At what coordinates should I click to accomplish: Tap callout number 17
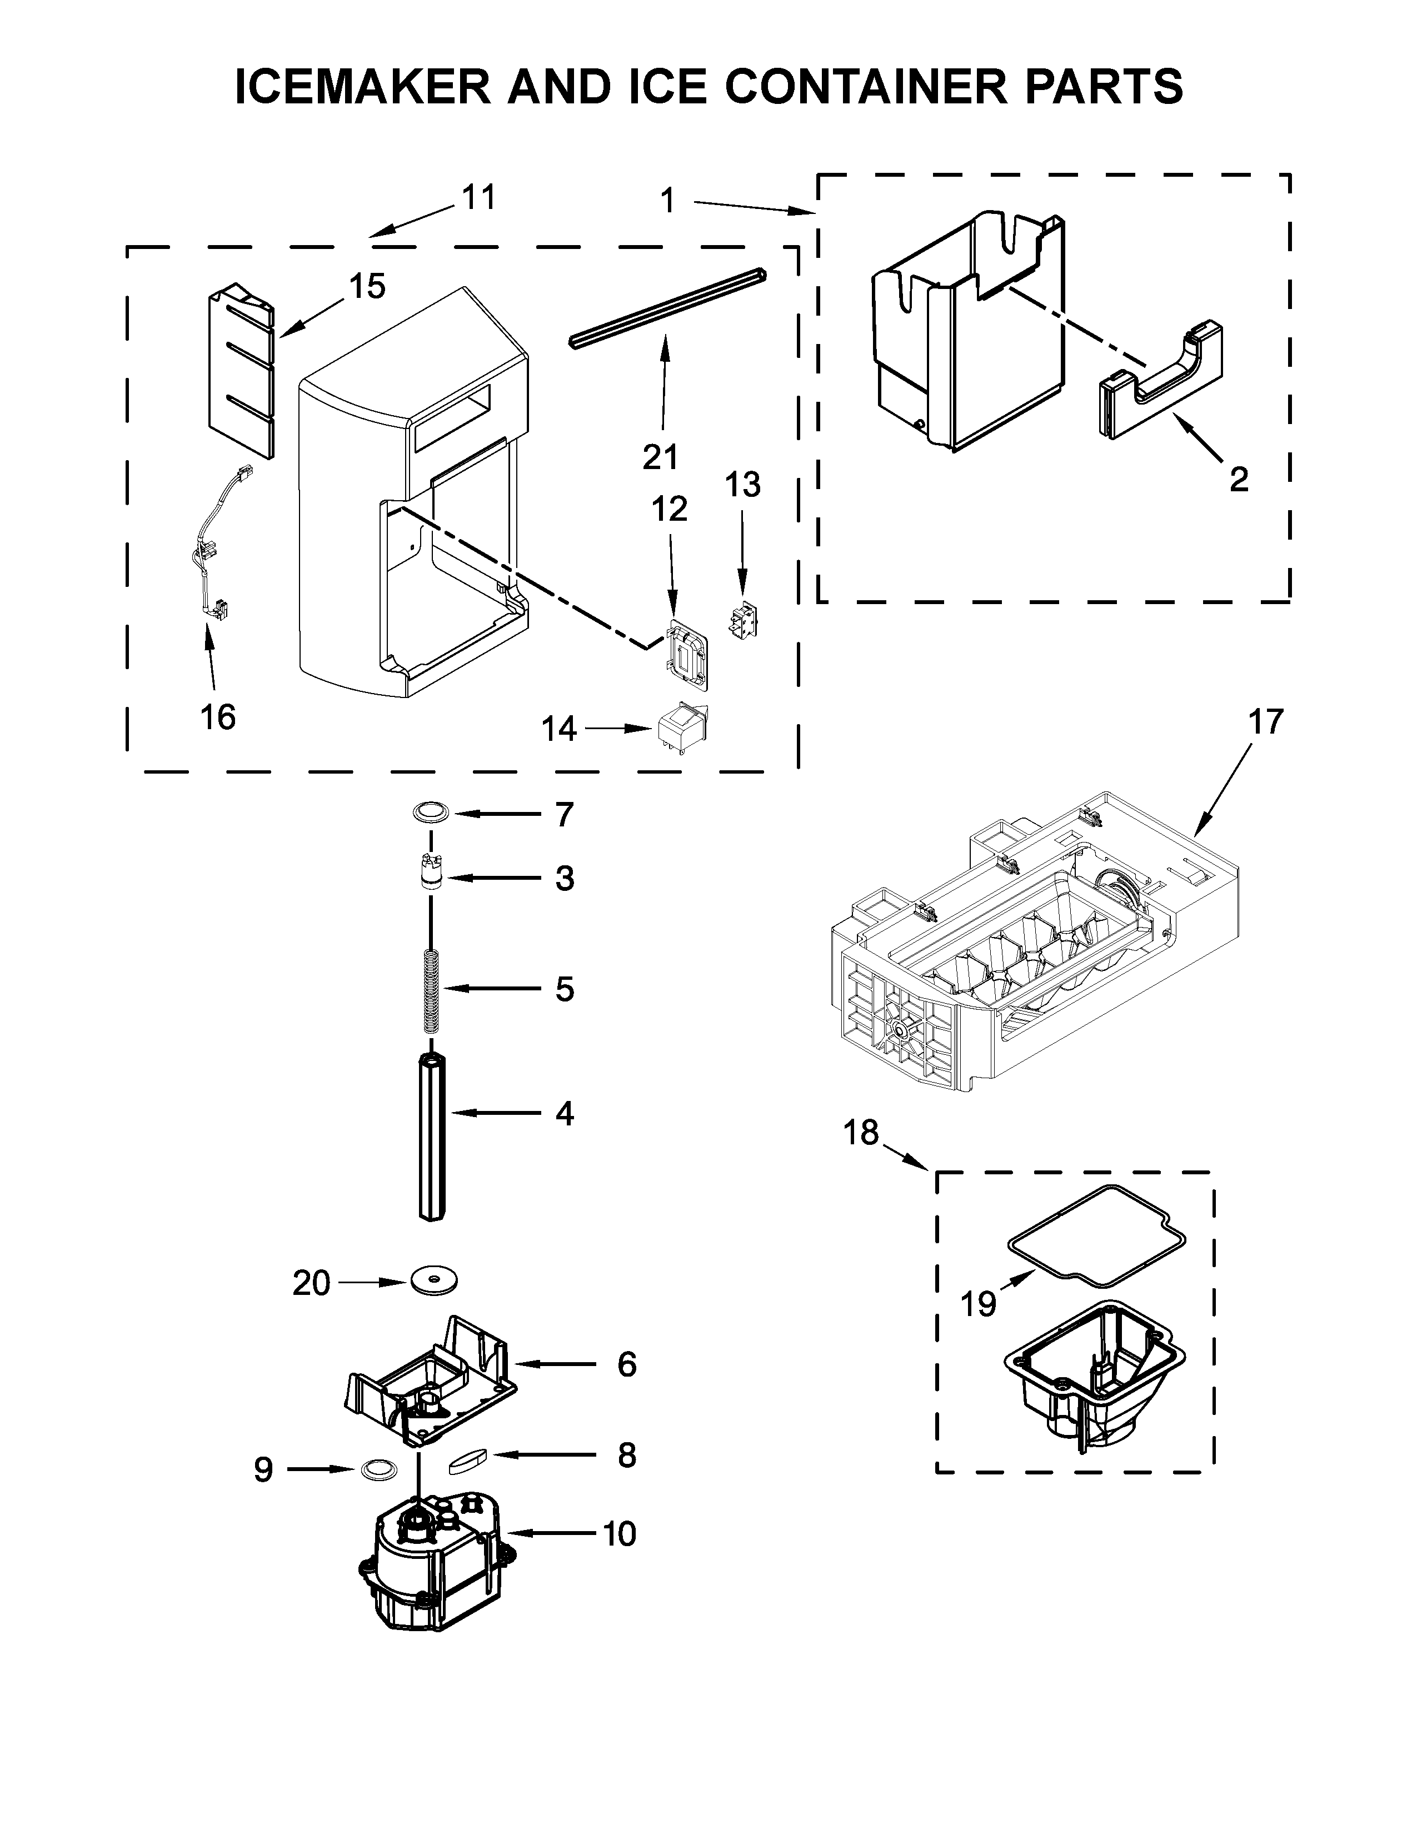(x=1266, y=721)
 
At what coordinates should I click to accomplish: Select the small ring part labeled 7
(x=430, y=813)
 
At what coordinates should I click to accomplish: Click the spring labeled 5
(x=431, y=989)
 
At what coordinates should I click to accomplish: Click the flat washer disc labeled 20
(x=434, y=1282)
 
